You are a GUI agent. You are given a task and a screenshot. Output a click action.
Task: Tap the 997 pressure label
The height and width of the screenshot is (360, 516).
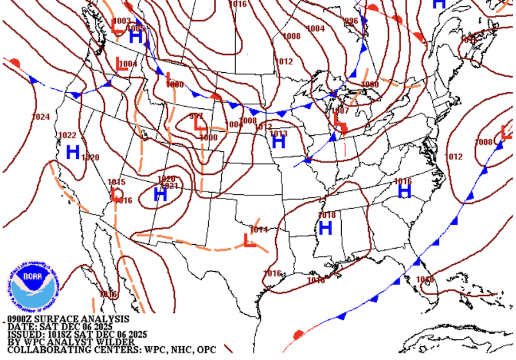[x=197, y=116]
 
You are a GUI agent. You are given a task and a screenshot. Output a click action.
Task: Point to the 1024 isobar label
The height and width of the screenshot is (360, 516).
[x=40, y=117]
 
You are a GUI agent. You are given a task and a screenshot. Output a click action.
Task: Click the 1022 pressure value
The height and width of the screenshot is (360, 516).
[x=67, y=136]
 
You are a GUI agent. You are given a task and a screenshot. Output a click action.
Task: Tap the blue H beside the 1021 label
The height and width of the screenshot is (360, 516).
[x=161, y=195]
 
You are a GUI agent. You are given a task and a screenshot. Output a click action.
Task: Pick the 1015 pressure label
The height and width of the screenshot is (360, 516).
[x=116, y=182]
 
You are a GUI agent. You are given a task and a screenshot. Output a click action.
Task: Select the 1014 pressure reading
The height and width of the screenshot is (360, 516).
[x=259, y=230]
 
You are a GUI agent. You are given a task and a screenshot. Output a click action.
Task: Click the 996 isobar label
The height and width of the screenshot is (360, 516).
[x=351, y=21]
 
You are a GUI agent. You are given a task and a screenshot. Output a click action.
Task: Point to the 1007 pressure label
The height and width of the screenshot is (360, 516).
[x=340, y=111]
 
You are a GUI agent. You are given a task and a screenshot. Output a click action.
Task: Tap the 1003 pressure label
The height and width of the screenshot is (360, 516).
[x=122, y=21]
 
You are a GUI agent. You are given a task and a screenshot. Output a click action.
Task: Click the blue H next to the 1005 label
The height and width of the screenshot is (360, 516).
[x=136, y=37]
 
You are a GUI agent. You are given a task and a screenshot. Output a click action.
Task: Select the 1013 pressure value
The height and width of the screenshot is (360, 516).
[x=278, y=134]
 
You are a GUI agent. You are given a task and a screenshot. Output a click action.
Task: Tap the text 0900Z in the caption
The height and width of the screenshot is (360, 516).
[x=22, y=319]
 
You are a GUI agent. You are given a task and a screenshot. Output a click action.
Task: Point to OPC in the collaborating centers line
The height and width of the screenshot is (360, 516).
[x=205, y=350]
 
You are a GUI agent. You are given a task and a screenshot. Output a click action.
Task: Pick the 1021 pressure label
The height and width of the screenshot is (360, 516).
[x=169, y=186]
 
